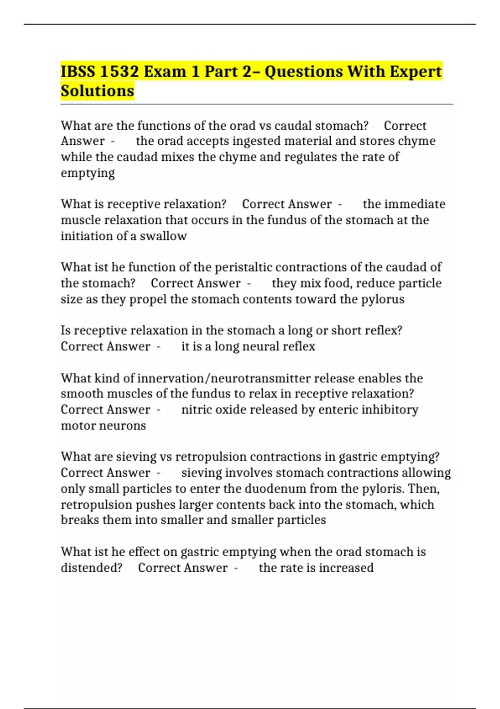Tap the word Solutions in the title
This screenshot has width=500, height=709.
pyautogui.click(x=97, y=91)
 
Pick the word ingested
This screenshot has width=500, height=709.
pyautogui.click(x=258, y=141)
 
